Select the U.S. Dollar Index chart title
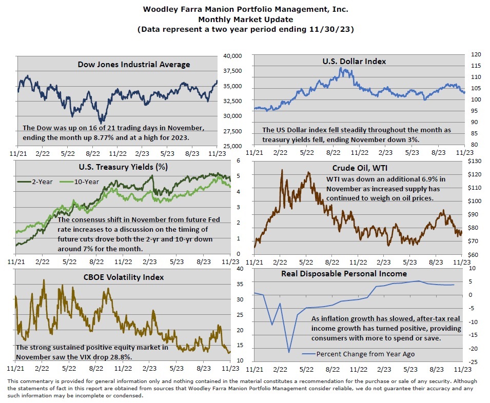point(354,62)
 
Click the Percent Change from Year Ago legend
point(358,354)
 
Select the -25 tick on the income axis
point(474,362)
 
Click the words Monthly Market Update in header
point(244,19)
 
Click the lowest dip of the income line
point(289,352)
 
